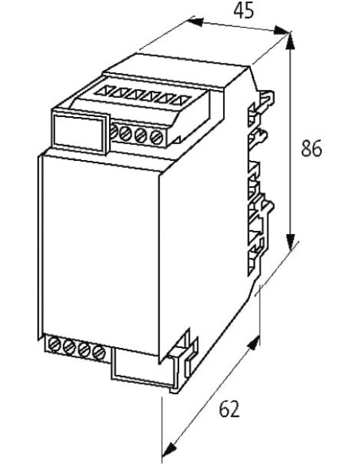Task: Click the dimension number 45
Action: (244, 12)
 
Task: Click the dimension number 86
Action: (311, 149)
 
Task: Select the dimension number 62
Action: (229, 409)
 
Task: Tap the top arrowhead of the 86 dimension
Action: (291, 41)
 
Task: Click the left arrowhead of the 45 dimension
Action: (195, 22)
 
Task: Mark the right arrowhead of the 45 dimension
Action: (281, 30)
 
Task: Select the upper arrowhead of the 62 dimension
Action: (253, 344)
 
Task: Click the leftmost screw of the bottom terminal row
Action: (53, 345)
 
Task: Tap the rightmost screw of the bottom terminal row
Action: (99, 352)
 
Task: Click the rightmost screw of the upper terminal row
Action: (156, 137)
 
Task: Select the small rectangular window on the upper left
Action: (80, 131)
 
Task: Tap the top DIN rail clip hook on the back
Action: (266, 100)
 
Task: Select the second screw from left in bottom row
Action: (69, 347)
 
